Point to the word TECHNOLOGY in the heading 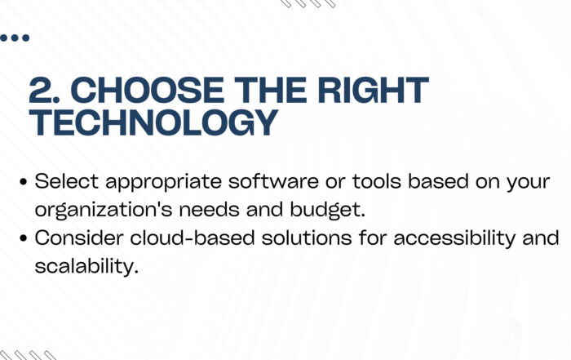tap(153, 122)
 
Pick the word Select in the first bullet tap(67, 181)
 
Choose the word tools tap(377, 181)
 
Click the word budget tap(327, 211)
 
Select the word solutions tap(307, 238)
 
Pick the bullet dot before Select tap(24, 182)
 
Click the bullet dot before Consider tap(24, 238)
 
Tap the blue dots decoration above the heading tap(14, 38)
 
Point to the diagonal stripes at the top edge tap(308, 3)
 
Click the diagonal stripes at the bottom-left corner tap(28, 355)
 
